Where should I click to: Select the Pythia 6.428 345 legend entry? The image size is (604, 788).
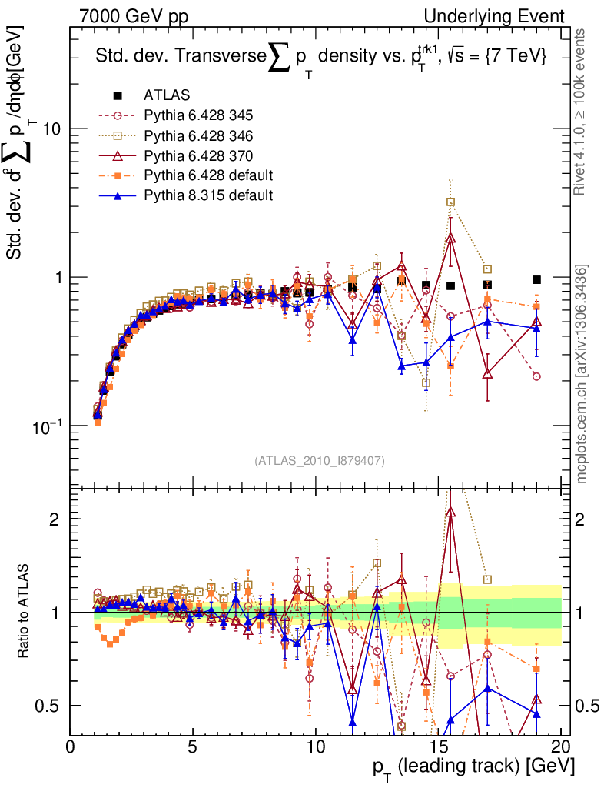[x=197, y=115]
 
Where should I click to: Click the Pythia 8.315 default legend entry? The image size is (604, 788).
[x=207, y=195]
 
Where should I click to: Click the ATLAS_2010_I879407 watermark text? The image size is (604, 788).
[x=319, y=461]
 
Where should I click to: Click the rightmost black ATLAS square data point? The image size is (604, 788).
[x=536, y=279]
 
